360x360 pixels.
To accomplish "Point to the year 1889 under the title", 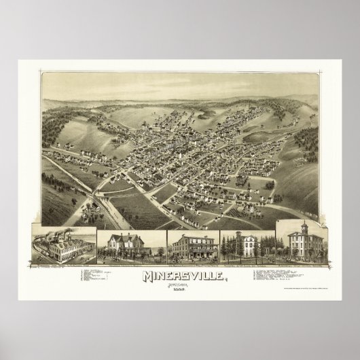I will [x=180, y=291].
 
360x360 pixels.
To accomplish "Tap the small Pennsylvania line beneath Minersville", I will [x=180, y=285].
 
